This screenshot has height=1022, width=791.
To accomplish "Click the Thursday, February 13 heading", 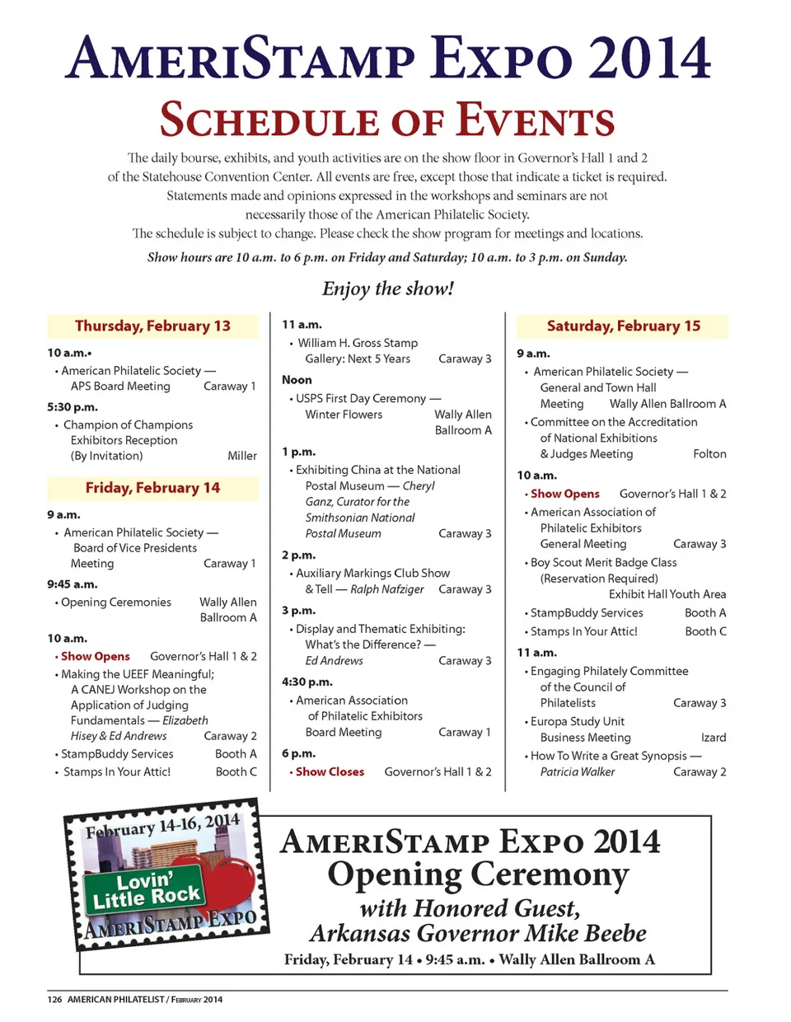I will (152, 326).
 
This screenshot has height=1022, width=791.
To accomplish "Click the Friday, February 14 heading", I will (152, 488).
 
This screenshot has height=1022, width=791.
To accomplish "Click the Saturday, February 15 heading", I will (623, 326).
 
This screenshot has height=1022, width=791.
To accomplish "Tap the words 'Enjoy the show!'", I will (387, 288).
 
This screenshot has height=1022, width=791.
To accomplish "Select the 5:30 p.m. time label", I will (73, 407).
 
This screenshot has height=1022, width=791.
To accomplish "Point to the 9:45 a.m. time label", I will (73, 584).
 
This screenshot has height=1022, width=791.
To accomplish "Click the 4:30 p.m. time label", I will (307, 682).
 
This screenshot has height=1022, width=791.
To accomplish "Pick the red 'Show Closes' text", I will (330, 772).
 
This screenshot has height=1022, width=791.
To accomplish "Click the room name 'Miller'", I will (242, 456).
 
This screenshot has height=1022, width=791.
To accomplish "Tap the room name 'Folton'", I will (709, 454).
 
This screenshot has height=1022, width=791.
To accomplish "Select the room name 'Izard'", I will (714, 738).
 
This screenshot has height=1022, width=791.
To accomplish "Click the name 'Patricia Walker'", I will (578, 772).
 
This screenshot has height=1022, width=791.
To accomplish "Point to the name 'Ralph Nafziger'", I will (387, 589).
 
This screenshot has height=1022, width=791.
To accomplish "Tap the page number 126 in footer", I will (54, 1000).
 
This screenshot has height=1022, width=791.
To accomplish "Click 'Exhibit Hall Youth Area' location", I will (667, 594).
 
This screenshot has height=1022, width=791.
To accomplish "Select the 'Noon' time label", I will (297, 380).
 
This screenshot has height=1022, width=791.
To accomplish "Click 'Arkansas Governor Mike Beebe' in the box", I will (478, 934).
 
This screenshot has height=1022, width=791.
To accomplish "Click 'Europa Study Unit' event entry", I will (577, 721).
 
